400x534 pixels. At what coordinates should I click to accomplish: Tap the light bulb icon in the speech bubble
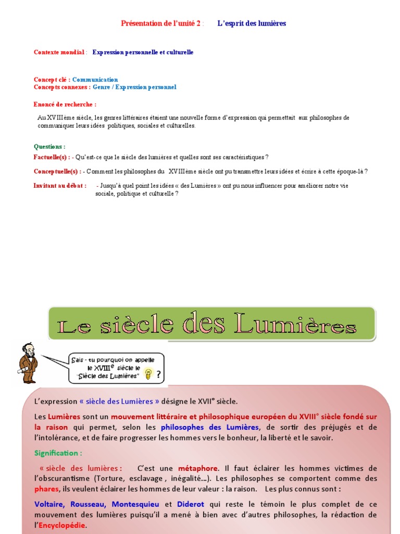148,374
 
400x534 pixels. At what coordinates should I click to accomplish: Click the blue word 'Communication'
95,80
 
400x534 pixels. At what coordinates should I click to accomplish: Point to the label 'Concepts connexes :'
62,87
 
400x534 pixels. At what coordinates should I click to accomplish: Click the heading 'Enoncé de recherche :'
65,105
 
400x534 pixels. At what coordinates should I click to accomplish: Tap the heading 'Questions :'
49,147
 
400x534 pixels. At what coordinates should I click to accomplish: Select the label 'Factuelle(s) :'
52,157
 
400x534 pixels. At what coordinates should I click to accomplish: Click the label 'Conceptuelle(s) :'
57,171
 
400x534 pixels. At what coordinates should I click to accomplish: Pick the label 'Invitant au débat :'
60,186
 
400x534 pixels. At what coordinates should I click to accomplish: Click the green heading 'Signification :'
58,453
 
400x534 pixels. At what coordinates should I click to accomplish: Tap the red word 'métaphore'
197,468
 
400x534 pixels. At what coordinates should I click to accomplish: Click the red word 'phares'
46,489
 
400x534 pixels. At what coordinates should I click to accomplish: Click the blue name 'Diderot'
190,504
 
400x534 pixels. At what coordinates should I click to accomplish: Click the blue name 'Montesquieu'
136,504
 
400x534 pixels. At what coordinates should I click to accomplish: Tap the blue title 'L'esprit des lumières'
252,23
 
